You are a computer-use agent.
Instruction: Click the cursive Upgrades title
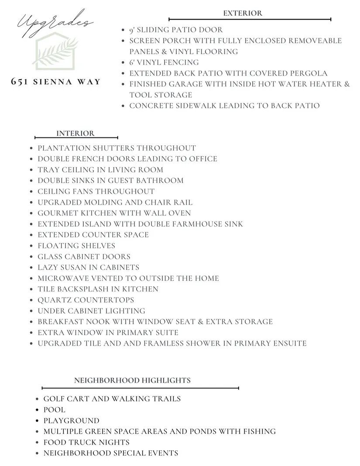[55, 23]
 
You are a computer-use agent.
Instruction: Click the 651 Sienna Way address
[56, 82]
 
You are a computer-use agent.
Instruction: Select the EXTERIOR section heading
[243, 13]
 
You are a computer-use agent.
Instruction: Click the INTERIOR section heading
[75, 134]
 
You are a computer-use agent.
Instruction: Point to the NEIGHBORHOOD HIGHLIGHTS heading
[132, 380]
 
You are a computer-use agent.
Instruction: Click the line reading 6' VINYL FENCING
[164, 62]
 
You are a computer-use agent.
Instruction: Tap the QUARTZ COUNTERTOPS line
[86, 300]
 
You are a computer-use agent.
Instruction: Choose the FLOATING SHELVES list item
[76, 246]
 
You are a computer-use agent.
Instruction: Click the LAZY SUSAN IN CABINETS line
[89, 267]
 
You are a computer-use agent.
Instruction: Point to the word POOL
[55, 410]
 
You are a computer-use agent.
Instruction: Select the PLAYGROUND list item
[71, 421]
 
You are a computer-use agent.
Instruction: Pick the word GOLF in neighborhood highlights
[54, 399]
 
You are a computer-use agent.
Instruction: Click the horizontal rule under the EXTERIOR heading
[250, 19]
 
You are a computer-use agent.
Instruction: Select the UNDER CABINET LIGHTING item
[91, 311]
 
